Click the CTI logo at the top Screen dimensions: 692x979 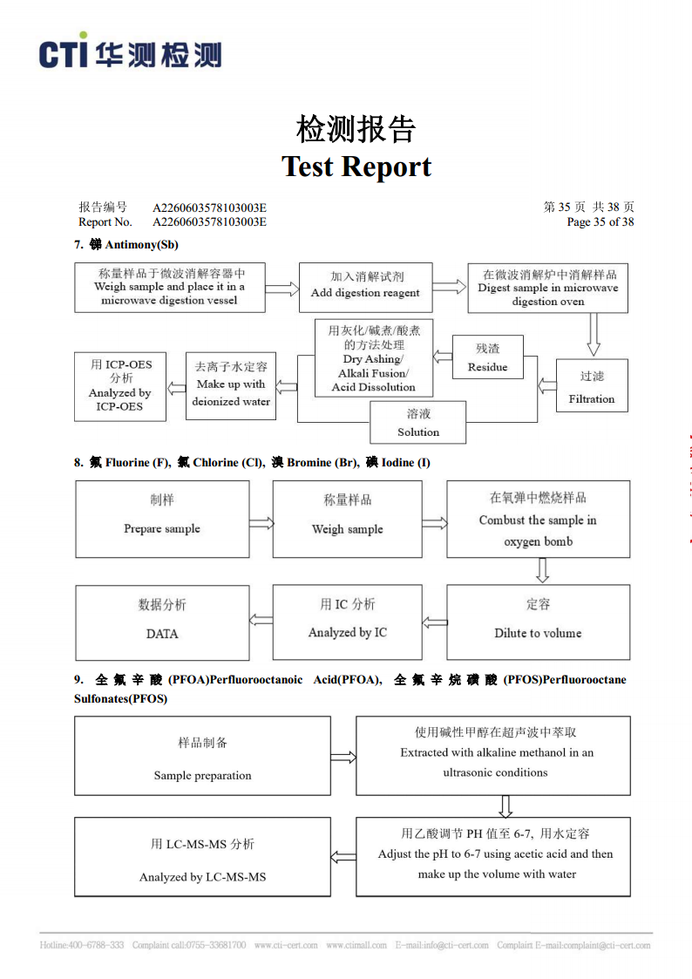coord(131,51)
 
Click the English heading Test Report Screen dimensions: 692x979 coord(356,167)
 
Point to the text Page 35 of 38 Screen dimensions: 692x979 coord(600,221)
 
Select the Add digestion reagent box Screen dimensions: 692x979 coord(366,287)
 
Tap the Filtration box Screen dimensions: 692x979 coord(592,385)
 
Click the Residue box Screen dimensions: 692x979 coord(487,357)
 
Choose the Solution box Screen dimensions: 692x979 coord(418,422)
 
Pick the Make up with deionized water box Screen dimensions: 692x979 coord(231,385)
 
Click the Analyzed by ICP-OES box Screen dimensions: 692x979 coord(119,386)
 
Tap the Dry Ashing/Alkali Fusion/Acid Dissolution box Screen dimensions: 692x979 coord(374,357)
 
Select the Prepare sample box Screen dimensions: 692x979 coord(162,519)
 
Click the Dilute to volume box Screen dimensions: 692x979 coord(538,622)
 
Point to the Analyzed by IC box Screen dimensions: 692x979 coord(348,622)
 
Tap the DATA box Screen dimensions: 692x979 coord(162,622)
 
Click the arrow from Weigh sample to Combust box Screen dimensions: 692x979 coord(434,523)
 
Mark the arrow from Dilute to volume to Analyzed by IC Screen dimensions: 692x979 coord(434,622)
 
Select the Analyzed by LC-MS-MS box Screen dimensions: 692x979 coord(202,857)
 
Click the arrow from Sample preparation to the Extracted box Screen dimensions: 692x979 coord(343,758)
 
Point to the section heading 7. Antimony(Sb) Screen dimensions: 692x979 coord(126,244)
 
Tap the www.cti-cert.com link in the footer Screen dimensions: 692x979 coord(286,945)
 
